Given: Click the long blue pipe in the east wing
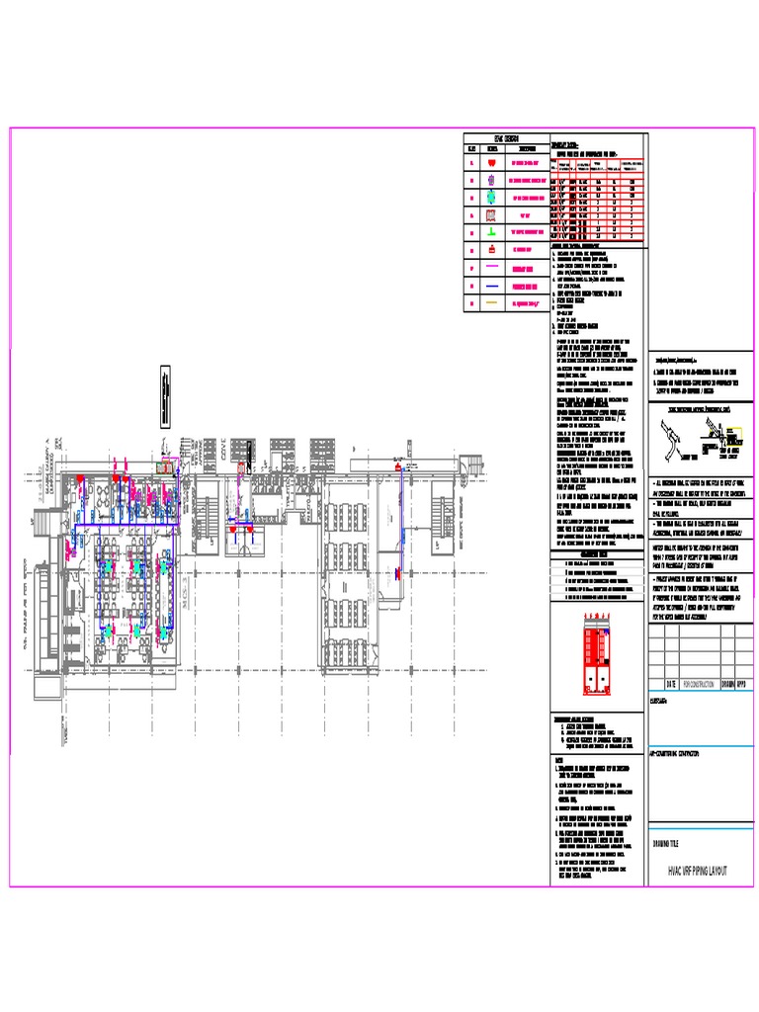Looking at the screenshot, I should click(402, 524).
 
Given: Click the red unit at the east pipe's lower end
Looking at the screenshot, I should click(396, 573).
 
